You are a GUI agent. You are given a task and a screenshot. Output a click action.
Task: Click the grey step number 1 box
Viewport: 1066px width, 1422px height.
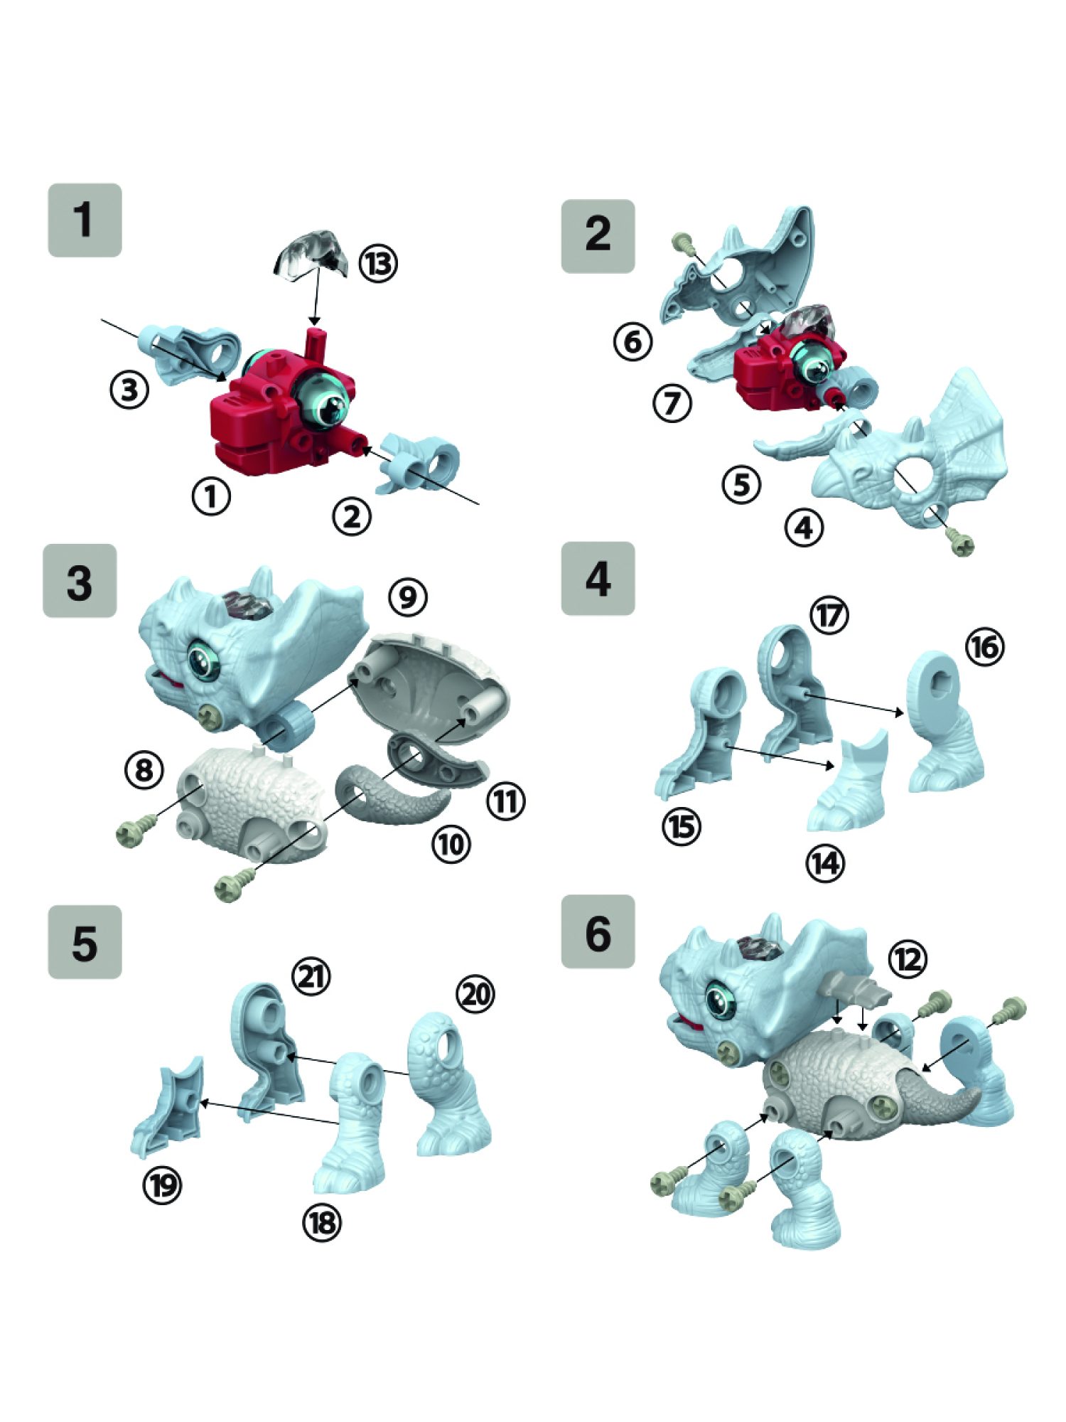[x=85, y=220]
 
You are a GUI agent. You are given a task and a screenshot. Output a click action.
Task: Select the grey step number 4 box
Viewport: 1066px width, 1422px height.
[x=598, y=578]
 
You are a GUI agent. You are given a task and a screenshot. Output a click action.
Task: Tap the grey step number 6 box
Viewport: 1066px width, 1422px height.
[x=598, y=931]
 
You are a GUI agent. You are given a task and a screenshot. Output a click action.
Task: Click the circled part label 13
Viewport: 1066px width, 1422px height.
[x=378, y=264]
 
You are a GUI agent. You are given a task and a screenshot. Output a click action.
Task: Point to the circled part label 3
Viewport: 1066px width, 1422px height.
[x=129, y=390]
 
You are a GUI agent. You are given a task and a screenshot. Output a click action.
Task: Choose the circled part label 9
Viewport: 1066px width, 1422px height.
[x=408, y=597]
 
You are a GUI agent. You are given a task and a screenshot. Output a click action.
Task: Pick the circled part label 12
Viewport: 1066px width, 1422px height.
[x=908, y=961]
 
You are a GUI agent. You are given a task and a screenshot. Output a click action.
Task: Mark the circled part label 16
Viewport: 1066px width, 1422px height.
[x=985, y=648]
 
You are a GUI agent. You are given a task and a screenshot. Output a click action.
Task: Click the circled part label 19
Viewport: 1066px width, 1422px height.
[x=163, y=1185]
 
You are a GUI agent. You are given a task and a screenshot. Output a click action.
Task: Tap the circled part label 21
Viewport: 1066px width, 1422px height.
[x=312, y=977]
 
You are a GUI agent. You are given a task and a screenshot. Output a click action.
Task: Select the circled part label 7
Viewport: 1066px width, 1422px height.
[x=672, y=403]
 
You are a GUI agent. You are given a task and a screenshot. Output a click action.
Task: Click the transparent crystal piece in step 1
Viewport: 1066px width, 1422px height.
[x=311, y=254]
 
